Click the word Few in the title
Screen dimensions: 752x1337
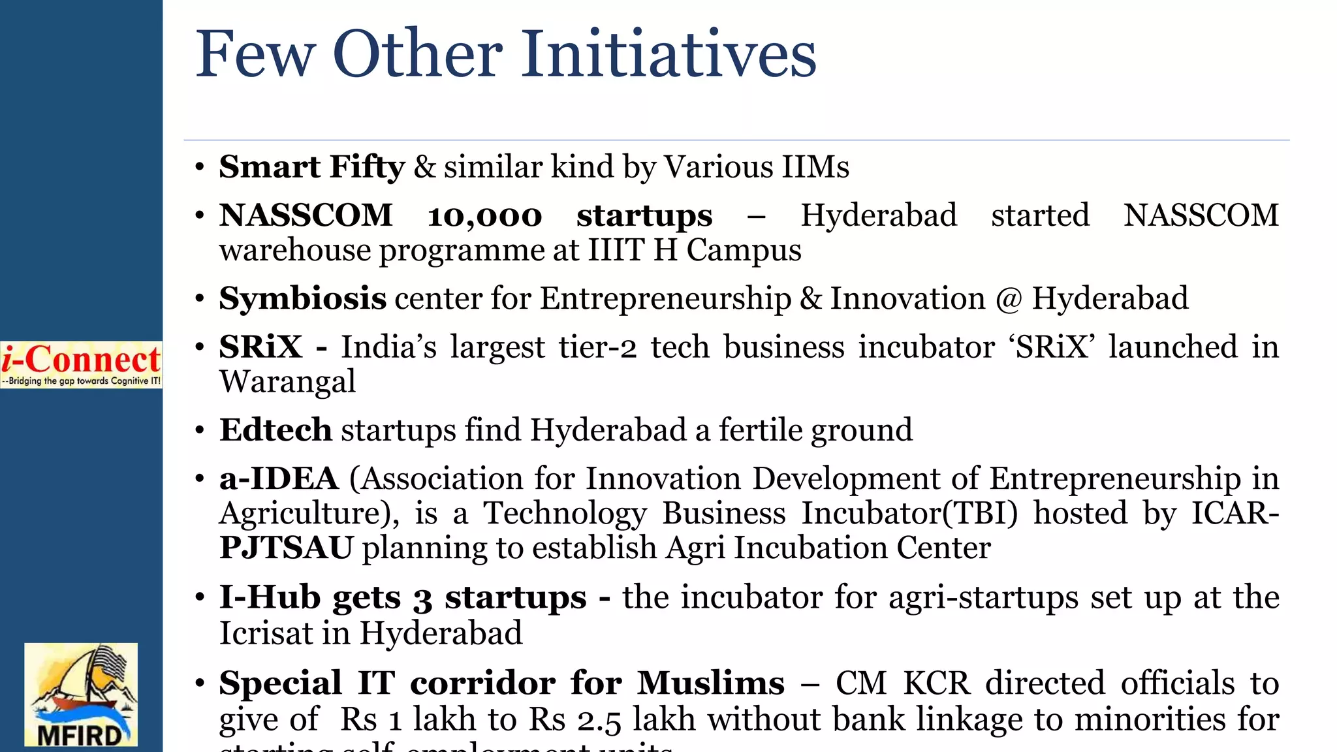click(255, 54)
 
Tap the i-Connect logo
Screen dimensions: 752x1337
click(81, 364)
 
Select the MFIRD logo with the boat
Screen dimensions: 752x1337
click(81, 695)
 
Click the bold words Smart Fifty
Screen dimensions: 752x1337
click(311, 166)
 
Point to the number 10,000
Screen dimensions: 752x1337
click(484, 216)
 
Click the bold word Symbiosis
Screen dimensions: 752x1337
click(302, 299)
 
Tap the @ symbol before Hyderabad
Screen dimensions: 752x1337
click(1009, 300)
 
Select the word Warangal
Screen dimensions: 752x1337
click(287, 382)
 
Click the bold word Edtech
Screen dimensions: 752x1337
click(275, 430)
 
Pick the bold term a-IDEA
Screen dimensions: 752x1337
click(279, 478)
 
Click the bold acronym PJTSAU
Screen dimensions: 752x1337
click(286, 548)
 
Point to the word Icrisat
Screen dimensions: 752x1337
click(265, 633)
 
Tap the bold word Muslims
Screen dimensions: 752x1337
click(710, 683)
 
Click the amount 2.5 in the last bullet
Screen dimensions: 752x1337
click(599, 720)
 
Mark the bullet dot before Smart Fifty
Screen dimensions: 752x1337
click(200, 167)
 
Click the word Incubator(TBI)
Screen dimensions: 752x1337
click(909, 513)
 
